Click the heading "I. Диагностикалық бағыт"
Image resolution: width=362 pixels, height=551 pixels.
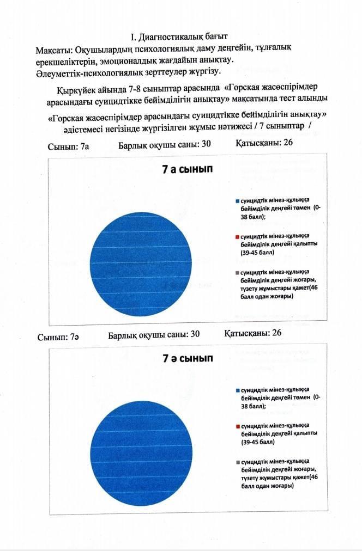pos(175,38)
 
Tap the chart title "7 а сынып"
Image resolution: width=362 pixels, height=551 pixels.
pos(187,169)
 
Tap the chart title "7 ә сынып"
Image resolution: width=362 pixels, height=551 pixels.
pos(187,359)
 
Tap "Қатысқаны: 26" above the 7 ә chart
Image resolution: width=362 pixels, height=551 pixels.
pos(253,333)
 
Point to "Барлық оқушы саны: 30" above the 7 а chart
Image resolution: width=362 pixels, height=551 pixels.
pos(164,144)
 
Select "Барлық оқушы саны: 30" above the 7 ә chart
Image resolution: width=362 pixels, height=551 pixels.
pos(154,334)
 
